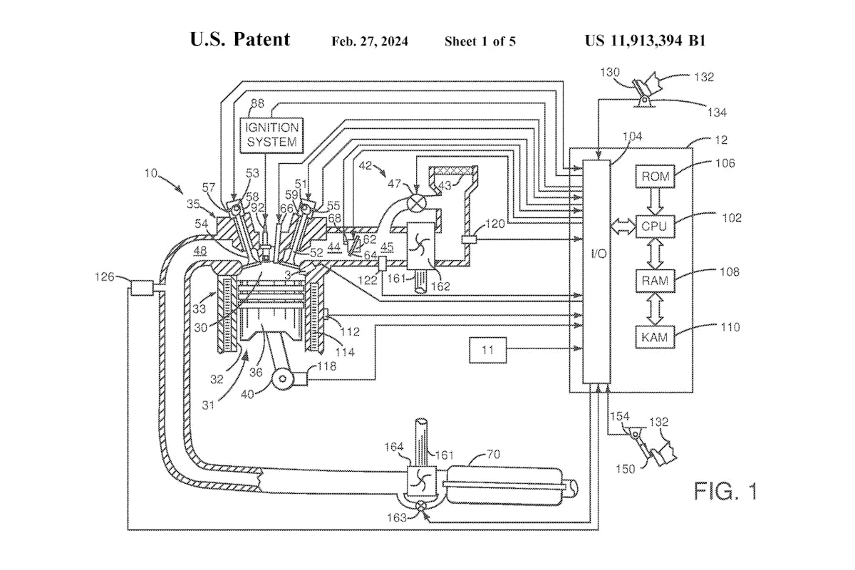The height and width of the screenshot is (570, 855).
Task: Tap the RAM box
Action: [x=654, y=281]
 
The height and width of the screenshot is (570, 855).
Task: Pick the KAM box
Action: [x=654, y=336]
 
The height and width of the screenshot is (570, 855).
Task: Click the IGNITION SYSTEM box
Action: [x=272, y=133]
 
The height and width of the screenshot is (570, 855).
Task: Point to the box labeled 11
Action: [x=487, y=349]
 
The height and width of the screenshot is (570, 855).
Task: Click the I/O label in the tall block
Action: [x=597, y=254]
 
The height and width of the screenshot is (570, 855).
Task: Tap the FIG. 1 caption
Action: [x=726, y=492]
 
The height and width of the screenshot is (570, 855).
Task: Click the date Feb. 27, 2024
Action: [x=370, y=41]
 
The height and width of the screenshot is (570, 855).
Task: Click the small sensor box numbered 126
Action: [x=142, y=289]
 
